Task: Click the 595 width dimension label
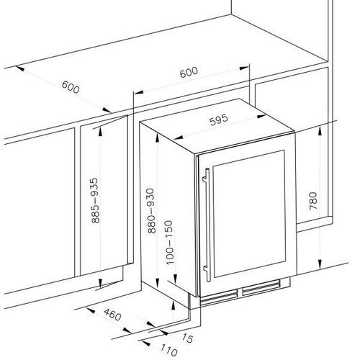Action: pos(218,120)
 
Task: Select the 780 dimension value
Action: pos(313,201)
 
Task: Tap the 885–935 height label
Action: pos(95,200)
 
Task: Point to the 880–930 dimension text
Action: pos(151,211)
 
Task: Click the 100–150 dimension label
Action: pos(169,243)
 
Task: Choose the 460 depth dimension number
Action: pos(112,315)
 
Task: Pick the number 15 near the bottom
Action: pos(187,338)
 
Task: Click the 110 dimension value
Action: pos(168,350)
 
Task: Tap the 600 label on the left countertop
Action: pos(71,87)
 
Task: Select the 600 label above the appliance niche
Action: pos(189,72)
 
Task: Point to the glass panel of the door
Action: pos(249,214)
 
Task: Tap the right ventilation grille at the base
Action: pos(261,287)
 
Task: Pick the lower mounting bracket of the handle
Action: pos(205,269)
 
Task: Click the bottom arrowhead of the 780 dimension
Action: pos(320,264)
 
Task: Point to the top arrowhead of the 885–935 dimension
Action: pos(100,132)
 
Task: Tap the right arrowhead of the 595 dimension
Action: pos(261,117)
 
